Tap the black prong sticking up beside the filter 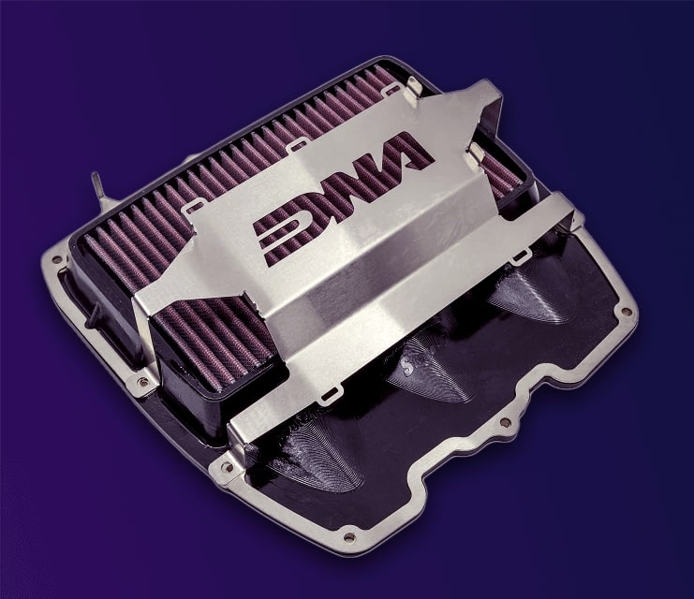pos(96,183)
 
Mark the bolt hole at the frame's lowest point pos(348,538)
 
